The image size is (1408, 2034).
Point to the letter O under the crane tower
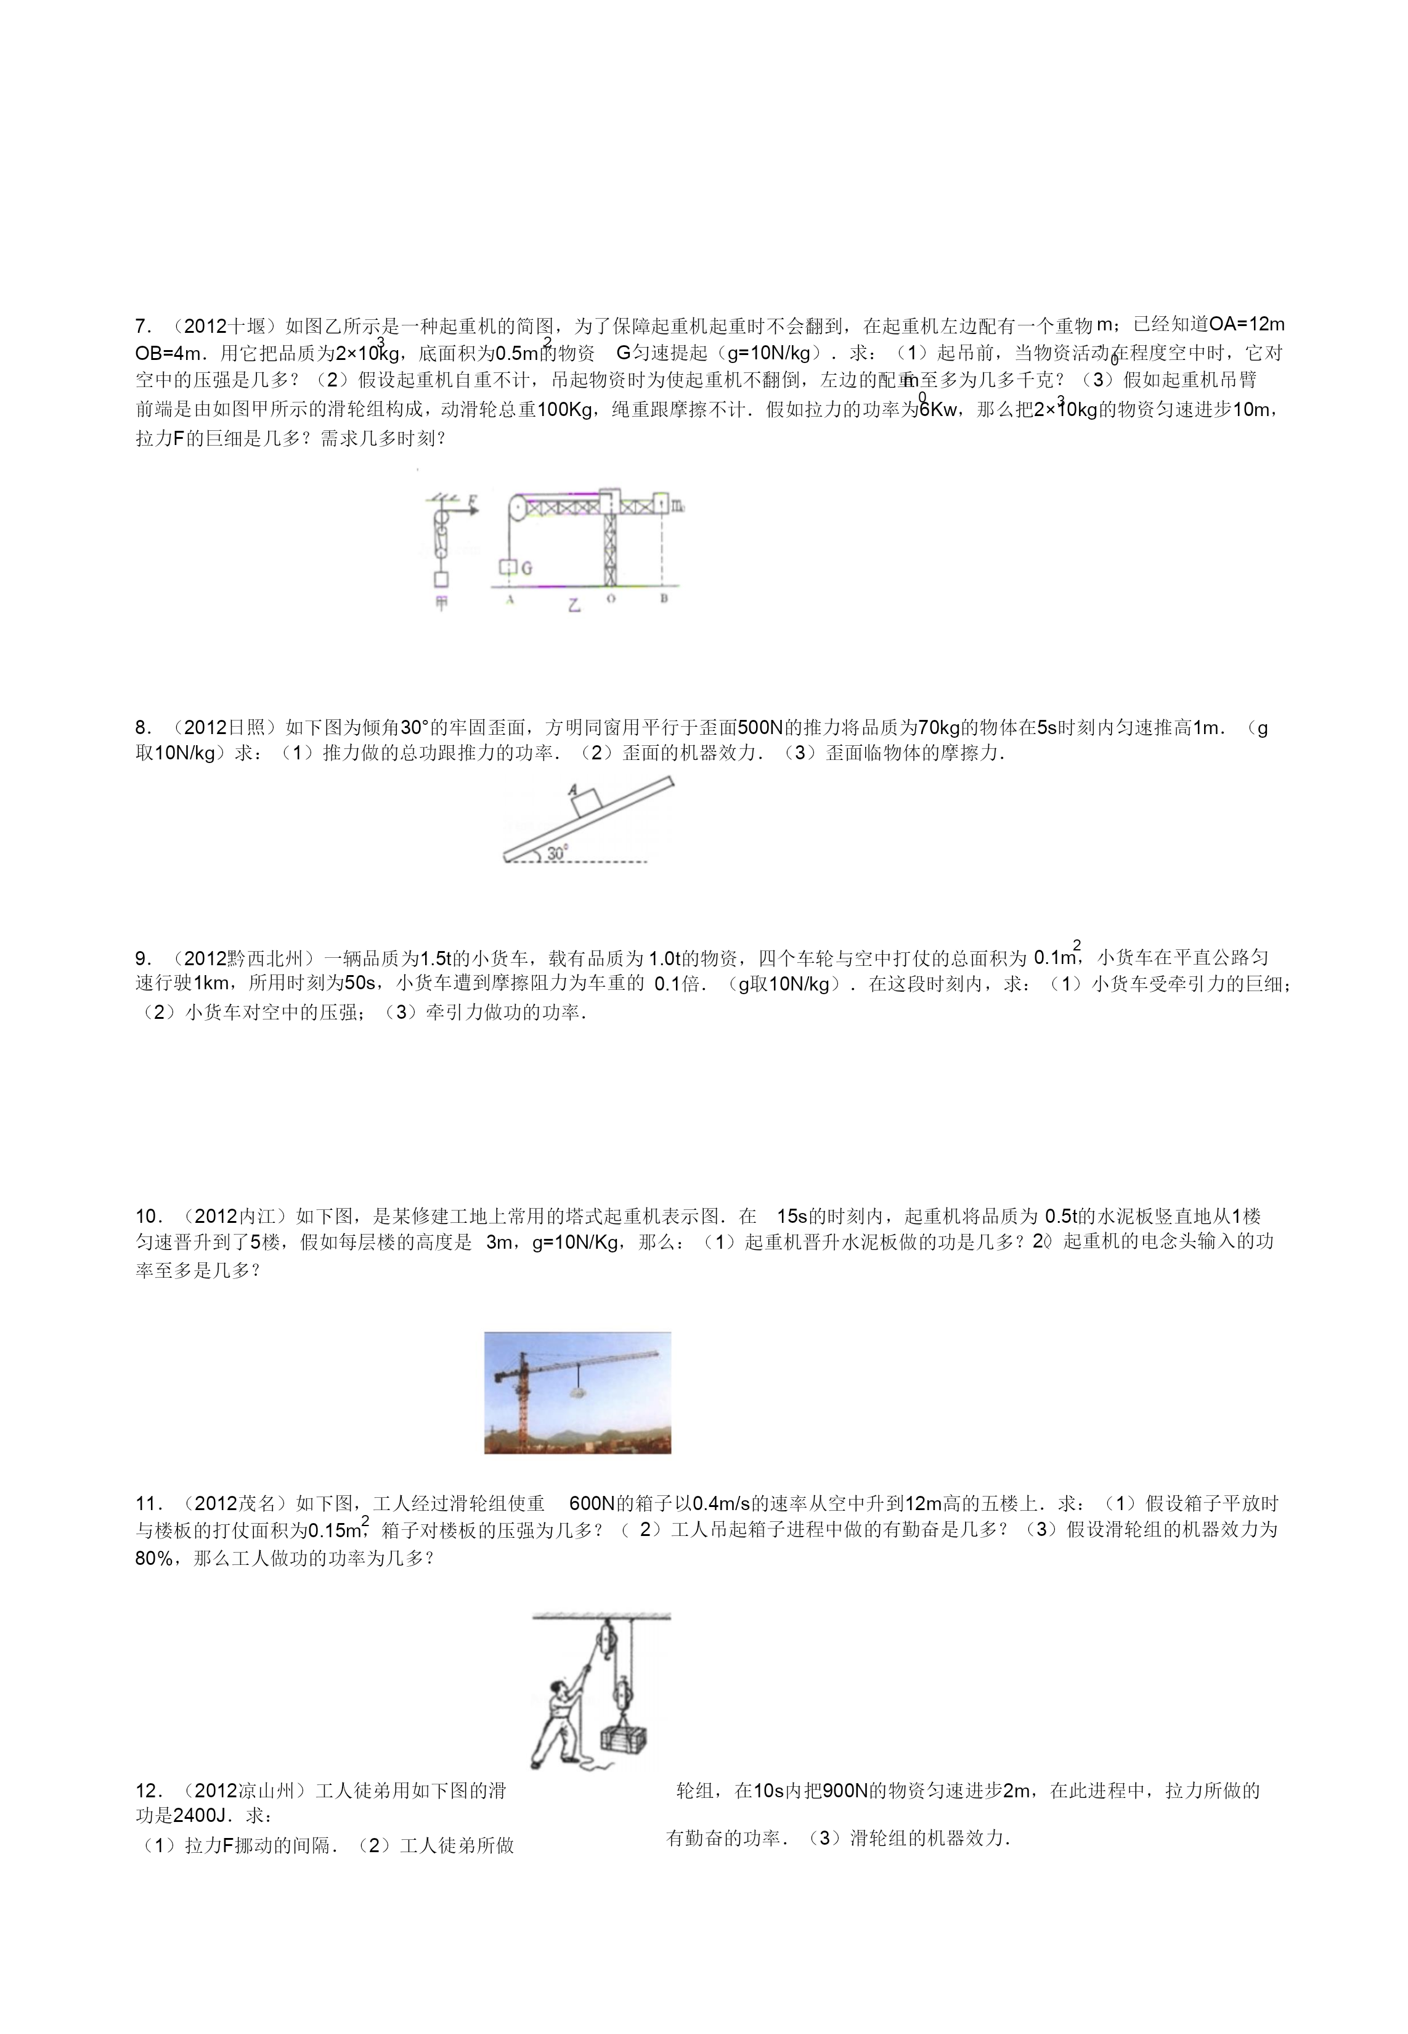tap(611, 599)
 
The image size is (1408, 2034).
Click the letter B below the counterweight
tap(664, 598)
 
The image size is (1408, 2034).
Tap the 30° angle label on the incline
tap(556, 853)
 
